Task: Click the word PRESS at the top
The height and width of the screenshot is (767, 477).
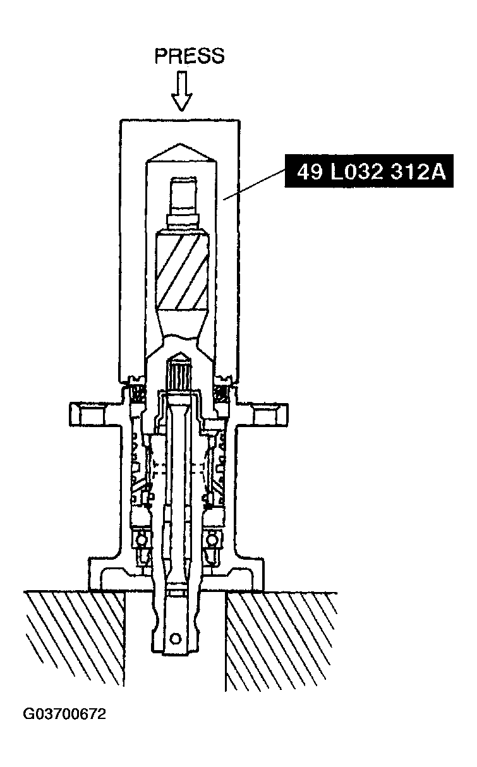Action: click(x=189, y=56)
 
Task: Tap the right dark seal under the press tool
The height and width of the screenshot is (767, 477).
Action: click(x=222, y=393)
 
